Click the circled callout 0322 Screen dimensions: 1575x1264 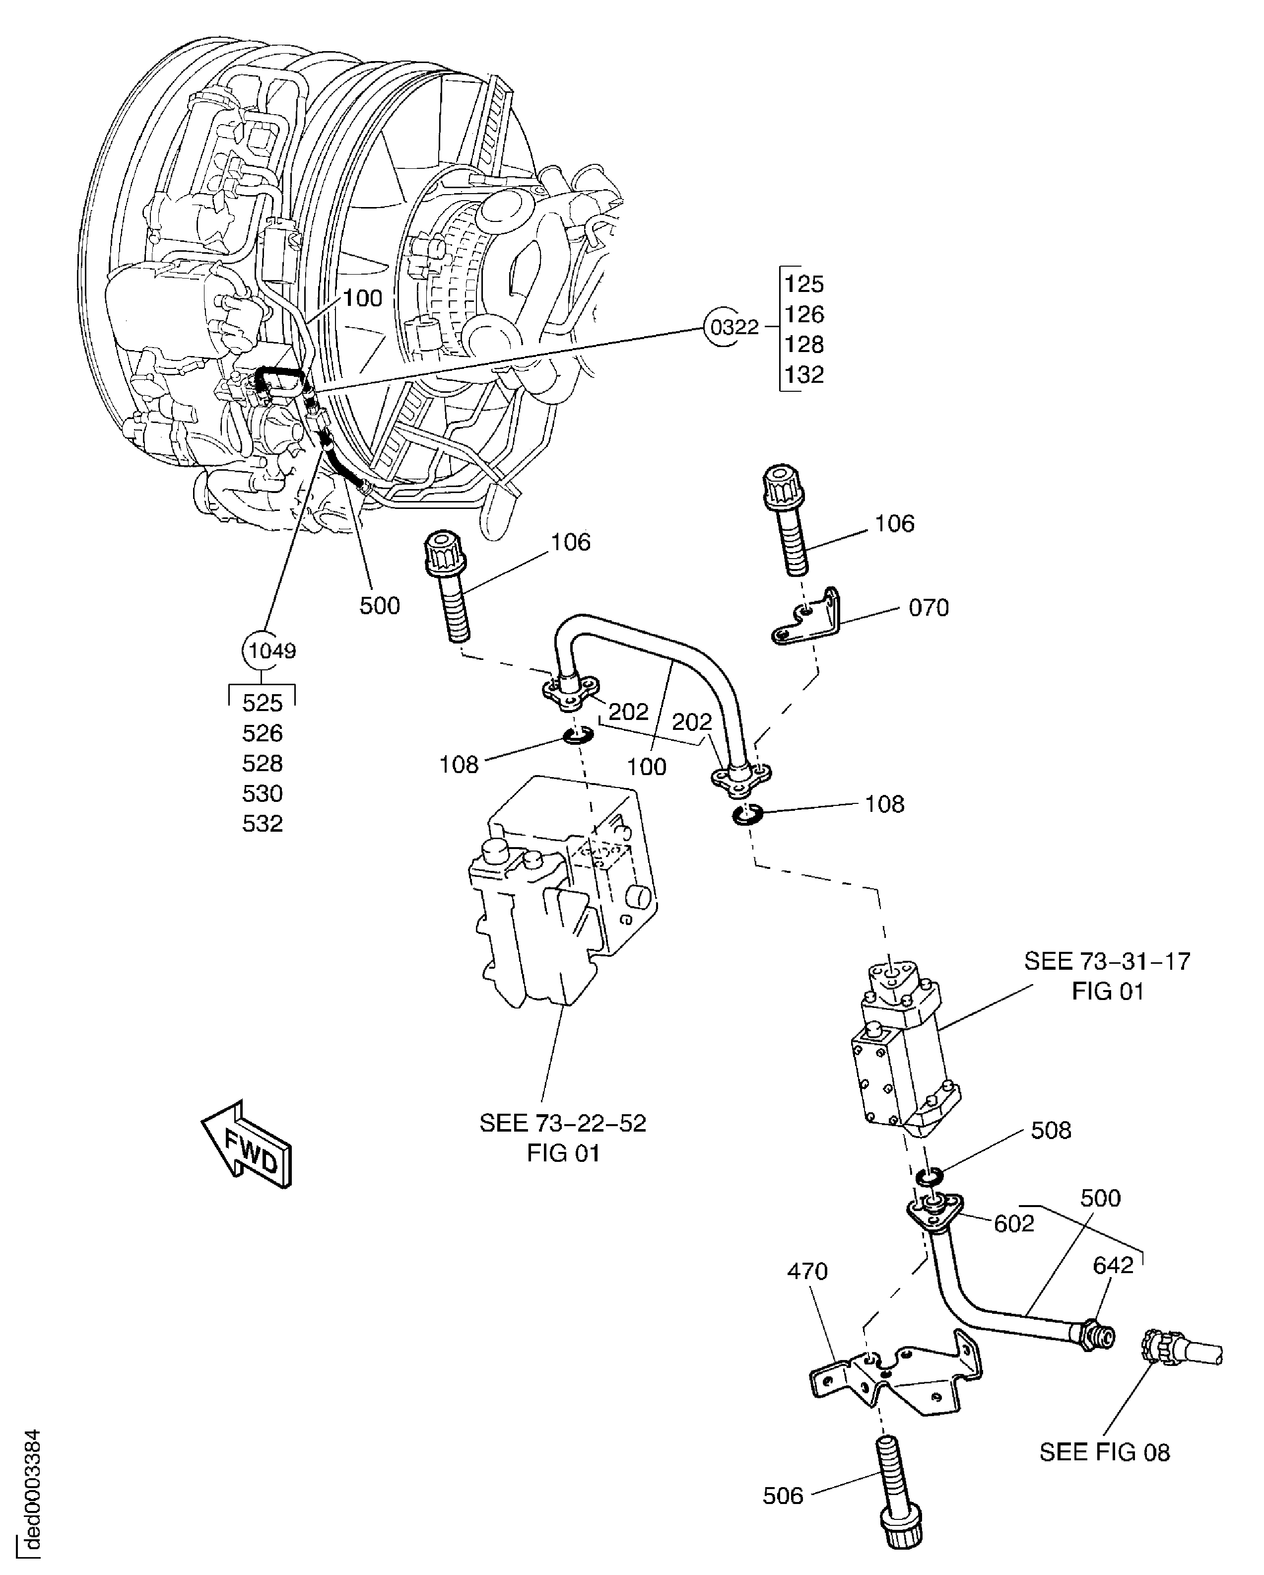click(x=734, y=327)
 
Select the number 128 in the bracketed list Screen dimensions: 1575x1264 click(x=804, y=344)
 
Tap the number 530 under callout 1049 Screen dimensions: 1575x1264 click(x=262, y=793)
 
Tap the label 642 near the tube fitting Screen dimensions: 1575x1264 click(x=1113, y=1265)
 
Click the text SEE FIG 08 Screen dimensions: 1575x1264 click(x=1104, y=1451)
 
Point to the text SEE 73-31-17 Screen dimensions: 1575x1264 click(x=1106, y=961)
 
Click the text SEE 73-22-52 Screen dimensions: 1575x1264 click(x=562, y=1123)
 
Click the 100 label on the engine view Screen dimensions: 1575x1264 click(x=362, y=298)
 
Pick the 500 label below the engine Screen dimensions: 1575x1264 click(x=379, y=606)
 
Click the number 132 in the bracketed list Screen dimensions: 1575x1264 click(x=804, y=374)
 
